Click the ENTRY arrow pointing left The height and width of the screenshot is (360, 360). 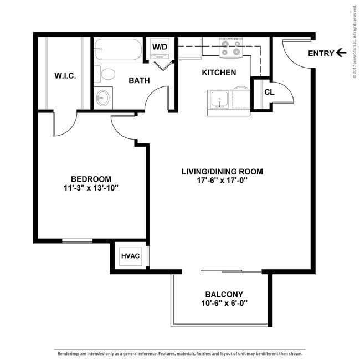341,53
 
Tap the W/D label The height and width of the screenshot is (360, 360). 160,47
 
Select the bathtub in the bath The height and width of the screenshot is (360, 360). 118,50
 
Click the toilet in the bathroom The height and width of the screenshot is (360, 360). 105,74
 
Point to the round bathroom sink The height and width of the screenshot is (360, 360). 102,98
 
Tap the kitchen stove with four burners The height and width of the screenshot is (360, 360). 231,48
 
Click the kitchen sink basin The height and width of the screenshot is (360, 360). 219,99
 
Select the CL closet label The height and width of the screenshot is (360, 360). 269,92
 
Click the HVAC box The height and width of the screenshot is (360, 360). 130,256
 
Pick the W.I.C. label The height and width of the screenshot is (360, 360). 65,76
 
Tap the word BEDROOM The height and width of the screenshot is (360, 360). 91,179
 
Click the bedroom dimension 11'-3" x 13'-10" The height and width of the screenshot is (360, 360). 91,188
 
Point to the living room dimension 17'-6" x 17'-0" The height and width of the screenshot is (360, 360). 222,181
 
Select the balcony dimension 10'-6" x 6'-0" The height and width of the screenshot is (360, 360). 224,303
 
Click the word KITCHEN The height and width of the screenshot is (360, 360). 219,73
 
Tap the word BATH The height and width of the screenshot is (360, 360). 139,80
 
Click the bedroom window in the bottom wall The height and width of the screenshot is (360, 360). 78,241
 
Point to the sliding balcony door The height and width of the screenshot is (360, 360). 232,271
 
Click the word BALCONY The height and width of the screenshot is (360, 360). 224,294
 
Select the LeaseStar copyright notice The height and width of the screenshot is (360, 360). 354,42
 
